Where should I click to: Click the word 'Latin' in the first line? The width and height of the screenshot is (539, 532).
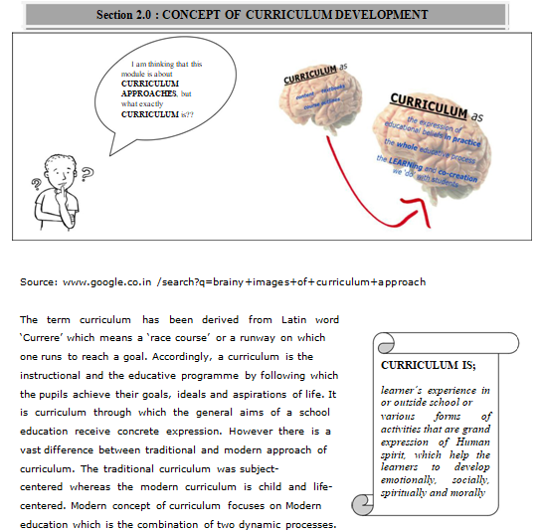[x=267, y=320]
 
